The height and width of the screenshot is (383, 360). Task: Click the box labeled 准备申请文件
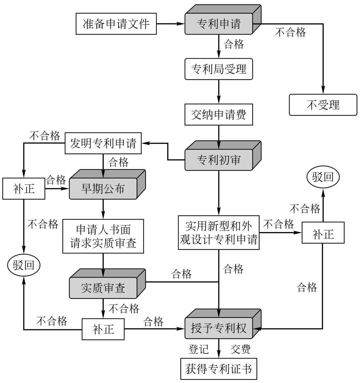116,24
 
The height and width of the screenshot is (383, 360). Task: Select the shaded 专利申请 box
219,24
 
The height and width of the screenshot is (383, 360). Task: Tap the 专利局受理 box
219,69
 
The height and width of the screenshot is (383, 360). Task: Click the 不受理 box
323,105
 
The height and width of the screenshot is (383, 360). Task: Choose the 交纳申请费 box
219,115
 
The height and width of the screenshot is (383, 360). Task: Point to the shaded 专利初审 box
219,160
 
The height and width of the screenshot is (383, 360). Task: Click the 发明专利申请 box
103,143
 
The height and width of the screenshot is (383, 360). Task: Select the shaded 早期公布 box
103,189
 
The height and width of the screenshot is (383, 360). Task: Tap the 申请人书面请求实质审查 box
103,236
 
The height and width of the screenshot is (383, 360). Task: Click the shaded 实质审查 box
103,288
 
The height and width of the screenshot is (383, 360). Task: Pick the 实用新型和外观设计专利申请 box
219,232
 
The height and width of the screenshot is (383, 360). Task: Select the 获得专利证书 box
219,369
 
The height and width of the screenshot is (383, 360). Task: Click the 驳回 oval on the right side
323,177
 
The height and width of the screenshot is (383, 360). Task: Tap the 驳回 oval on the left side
23,266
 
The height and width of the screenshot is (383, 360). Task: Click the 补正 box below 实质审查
103,329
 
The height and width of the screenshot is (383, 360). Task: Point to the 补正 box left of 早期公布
23,188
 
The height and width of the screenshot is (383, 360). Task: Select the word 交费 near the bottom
240,349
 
